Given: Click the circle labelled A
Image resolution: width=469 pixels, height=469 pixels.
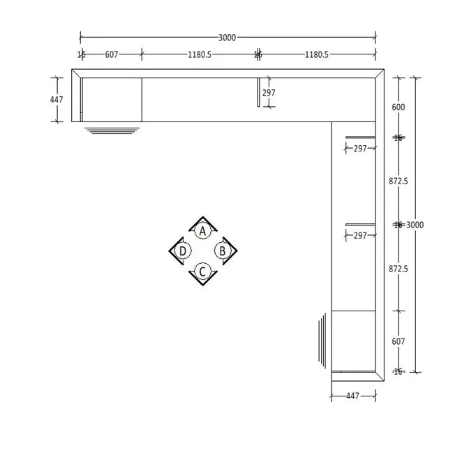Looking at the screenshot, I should pos(202,230).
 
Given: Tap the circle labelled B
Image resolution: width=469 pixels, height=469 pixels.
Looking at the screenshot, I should pos(223,251).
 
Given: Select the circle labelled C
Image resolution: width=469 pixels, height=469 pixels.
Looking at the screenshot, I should pos(202,271).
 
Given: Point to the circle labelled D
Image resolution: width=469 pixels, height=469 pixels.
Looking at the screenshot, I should pos(183,251).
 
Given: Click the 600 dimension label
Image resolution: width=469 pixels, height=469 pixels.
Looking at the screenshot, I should pos(399,107).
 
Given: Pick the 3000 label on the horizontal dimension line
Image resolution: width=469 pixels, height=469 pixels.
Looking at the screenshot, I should pos(227,38).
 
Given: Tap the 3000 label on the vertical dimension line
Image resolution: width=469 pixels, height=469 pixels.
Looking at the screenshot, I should pos(415,225).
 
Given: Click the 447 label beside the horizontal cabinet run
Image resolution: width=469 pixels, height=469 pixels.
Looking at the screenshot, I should pos(57,100).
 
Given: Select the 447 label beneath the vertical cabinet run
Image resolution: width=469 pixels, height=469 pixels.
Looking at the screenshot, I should pos(353,396).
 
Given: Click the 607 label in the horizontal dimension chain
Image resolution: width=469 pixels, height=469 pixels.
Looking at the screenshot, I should pos(112,54).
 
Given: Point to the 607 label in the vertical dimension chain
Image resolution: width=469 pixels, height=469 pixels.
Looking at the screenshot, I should pos(399,341).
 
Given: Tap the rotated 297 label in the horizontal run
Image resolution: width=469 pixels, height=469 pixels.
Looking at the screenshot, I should pos(269,92).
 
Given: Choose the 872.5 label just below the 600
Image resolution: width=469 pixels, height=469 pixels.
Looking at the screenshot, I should pos(399,181).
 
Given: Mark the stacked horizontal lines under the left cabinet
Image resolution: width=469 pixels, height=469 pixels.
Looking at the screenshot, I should pos(112,130).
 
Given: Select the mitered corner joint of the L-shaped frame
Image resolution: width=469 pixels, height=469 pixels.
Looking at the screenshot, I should pos(380,73).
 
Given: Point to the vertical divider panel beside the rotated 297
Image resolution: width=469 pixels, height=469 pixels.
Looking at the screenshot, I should pos(259,92).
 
